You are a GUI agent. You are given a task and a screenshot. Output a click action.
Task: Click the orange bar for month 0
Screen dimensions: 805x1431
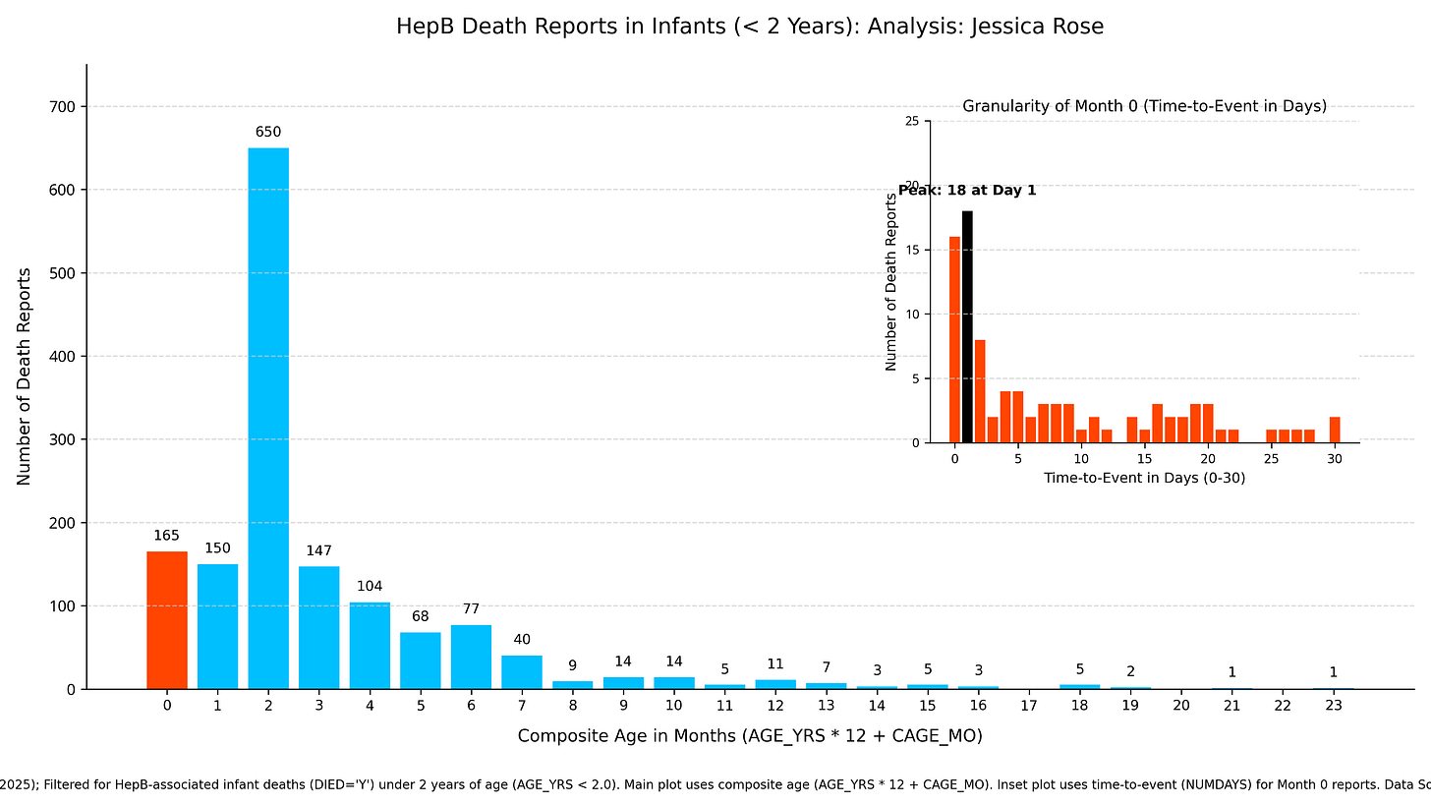click(167, 620)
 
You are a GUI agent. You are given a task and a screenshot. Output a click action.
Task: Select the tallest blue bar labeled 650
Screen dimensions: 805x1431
click(268, 418)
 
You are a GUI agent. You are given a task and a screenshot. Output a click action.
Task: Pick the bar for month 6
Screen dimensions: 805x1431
click(471, 657)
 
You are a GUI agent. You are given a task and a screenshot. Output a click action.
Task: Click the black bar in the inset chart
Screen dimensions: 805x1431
click(967, 326)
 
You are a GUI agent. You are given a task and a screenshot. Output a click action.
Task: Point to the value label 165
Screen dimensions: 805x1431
click(167, 536)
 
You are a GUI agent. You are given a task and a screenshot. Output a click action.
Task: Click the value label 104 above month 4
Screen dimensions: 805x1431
click(370, 587)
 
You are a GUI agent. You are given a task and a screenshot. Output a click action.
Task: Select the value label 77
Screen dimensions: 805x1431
click(471, 609)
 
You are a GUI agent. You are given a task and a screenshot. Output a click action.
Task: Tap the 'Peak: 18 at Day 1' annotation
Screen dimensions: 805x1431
click(967, 191)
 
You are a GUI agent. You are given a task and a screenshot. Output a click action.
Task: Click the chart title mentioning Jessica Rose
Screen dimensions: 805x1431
click(750, 27)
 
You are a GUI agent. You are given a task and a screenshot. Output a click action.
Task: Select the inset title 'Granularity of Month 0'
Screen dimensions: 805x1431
click(1144, 106)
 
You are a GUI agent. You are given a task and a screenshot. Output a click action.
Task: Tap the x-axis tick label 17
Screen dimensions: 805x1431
click(1029, 705)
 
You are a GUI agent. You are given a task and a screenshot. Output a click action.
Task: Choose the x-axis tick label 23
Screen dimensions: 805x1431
click(1333, 705)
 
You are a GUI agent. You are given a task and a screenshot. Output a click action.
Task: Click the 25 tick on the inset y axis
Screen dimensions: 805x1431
click(912, 122)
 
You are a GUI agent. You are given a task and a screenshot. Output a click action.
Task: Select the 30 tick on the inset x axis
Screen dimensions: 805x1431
click(1334, 458)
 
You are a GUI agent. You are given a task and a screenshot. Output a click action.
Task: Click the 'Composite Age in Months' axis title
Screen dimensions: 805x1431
click(750, 736)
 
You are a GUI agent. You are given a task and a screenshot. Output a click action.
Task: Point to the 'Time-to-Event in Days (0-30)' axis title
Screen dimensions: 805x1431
click(1144, 478)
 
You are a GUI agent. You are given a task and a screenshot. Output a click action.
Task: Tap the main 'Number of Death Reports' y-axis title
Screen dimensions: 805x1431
click(25, 376)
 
